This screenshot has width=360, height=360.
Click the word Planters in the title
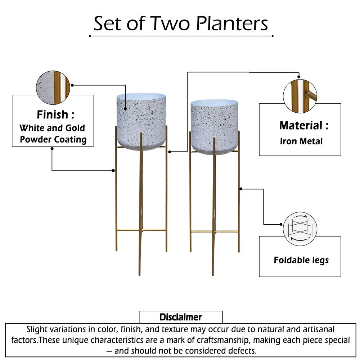[x=232, y=24]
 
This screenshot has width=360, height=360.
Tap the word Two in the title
[x=171, y=24]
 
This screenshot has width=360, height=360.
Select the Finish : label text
[x=55, y=115]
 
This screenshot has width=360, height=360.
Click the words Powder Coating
[x=53, y=140]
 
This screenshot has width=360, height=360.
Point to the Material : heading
[x=304, y=126]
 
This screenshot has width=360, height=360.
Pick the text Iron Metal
[x=301, y=141]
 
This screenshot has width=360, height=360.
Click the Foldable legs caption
[x=301, y=260]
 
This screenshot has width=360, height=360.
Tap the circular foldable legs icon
[x=300, y=229]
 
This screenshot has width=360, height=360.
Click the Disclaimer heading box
[x=181, y=317]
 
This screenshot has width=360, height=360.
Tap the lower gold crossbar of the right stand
[x=215, y=231]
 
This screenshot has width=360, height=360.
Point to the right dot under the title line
[x=273, y=36]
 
